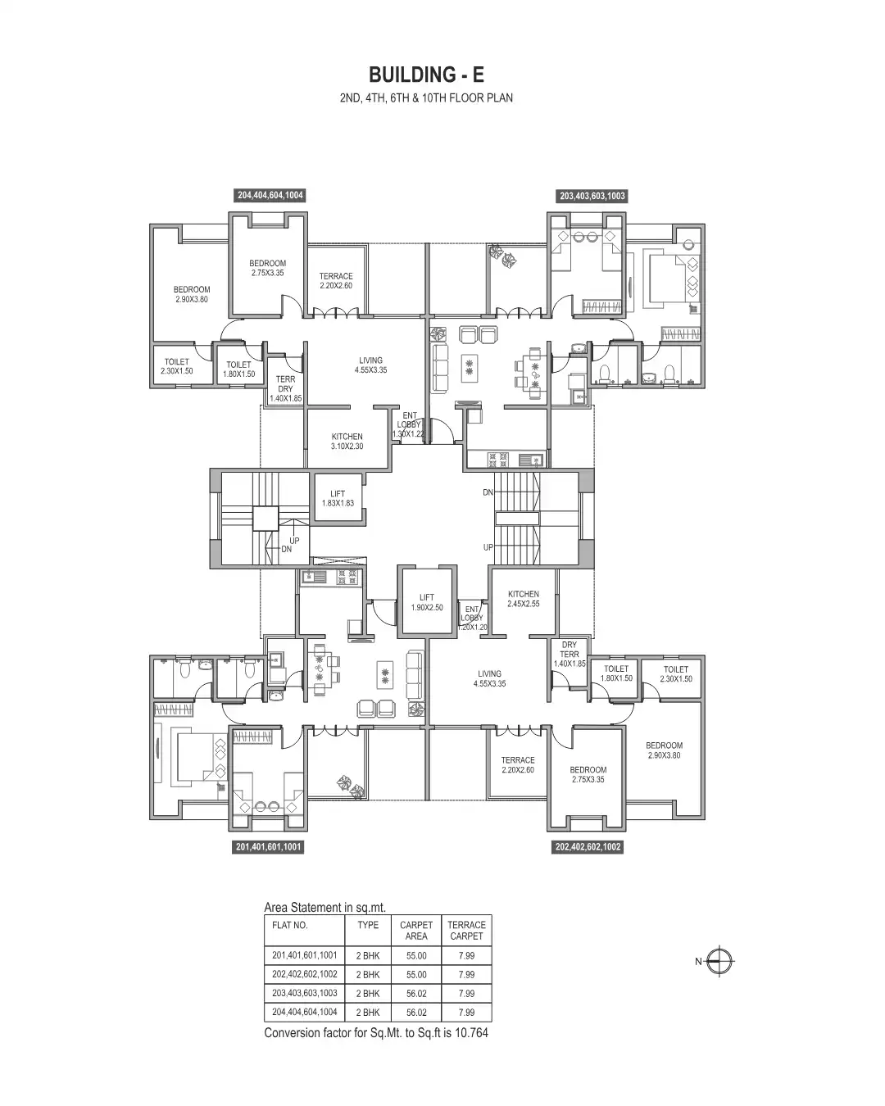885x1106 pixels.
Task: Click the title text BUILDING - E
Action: pos(426,75)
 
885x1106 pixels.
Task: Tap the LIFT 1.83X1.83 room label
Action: pos(338,498)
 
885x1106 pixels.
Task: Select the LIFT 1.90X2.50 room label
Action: pos(426,602)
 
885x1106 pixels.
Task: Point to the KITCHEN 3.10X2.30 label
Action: pos(347,442)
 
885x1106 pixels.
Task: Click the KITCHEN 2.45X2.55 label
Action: pos(523,599)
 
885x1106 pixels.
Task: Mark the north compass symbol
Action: pos(720,961)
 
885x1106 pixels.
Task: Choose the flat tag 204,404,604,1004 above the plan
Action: pos(270,196)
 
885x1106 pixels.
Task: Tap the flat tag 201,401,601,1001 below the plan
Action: pos(269,847)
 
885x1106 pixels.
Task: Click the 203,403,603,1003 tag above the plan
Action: pos(592,197)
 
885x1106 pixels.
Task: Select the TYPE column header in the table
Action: pos(368,925)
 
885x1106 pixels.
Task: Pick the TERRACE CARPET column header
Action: pos(466,930)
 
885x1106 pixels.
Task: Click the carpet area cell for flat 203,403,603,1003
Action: pos(416,993)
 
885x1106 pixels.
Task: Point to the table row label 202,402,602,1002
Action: pos(305,974)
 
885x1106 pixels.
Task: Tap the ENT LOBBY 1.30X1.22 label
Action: pos(409,424)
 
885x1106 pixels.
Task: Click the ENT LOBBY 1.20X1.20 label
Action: pos(472,618)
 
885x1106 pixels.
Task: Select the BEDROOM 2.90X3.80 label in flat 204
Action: pos(191,294)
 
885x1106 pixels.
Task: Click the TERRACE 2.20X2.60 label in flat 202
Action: pos(518,765)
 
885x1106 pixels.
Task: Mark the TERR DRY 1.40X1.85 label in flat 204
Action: pos(285,388)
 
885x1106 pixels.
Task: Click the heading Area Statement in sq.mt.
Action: pos(324,907)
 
